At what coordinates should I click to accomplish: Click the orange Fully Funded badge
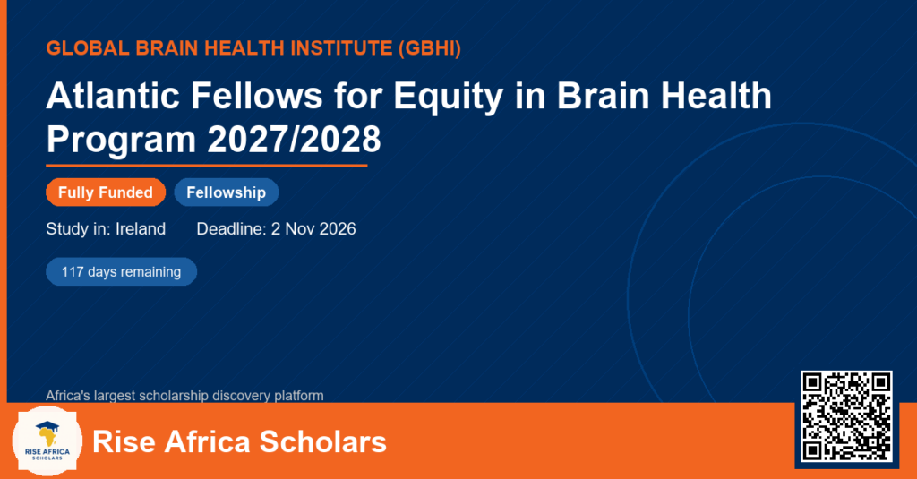(x=106, y=192)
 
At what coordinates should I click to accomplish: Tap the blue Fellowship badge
(x=227, y=192)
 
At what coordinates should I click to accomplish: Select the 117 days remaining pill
(x=121, y=272)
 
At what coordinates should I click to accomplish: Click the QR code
(x=846, y=416)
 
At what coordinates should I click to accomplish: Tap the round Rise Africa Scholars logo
(x=47, y=441)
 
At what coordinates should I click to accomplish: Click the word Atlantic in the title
(x=113, y=95)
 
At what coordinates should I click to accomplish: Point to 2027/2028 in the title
(x=294, y=139)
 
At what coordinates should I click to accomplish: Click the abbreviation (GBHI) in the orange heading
(x=429, y=48)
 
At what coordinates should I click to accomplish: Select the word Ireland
(x=141, y=228)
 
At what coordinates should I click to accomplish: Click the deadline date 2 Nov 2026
(x=313, y=228)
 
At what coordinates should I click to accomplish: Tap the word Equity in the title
(x=449, y=97)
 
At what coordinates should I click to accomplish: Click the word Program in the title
(x=121, y=141)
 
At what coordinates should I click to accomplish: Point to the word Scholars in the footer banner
(x=322, y=441)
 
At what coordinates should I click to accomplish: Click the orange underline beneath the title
(x=207, y=167)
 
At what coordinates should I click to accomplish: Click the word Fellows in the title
(x=257, y=95)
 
